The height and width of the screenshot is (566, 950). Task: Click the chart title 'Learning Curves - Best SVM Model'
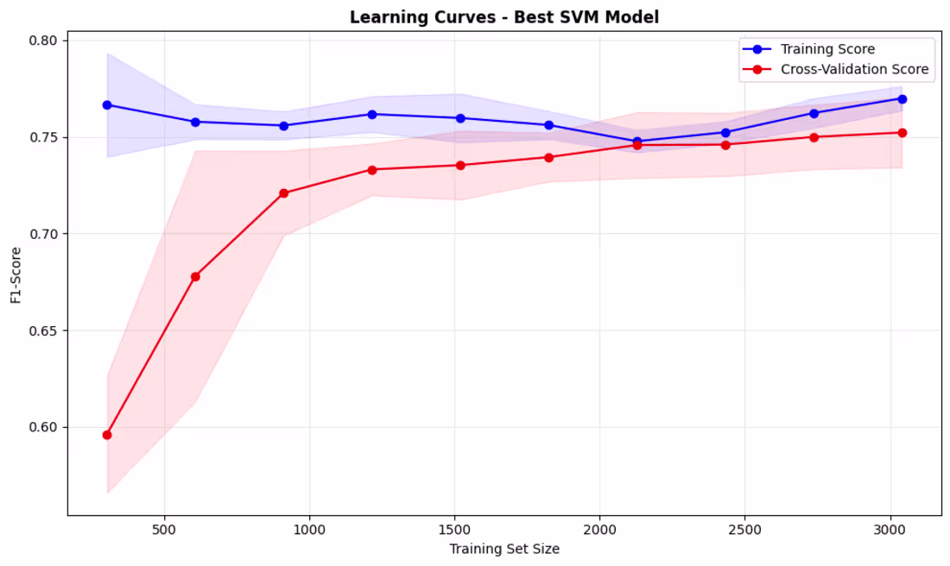coord(503,17)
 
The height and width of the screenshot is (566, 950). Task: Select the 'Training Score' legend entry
coord(827,49)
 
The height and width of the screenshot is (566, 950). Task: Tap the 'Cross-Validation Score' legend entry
coord(854,70)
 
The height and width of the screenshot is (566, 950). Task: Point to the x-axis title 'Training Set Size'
coord(503,549)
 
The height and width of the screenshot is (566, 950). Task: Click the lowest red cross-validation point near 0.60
coord(107,435)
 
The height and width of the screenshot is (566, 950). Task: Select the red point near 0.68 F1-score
coord(195,277)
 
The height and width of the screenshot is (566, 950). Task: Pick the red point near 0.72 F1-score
coord(283,193)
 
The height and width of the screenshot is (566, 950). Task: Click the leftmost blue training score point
coord(107,105)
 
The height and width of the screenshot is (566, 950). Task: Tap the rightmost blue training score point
coord(902,99)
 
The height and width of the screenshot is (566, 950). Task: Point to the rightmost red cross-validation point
coord(902,133)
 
